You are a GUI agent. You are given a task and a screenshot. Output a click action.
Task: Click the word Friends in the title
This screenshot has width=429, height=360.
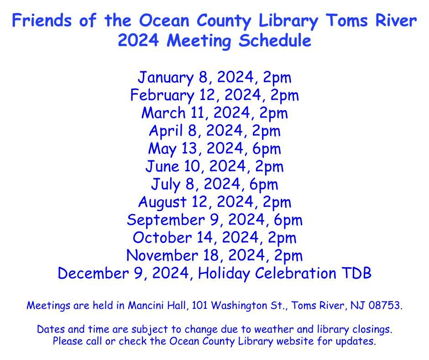pyautogui.click(x=42, y=20)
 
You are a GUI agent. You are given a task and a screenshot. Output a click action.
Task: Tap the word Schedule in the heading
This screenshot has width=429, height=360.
pyautogui.click(x=275, y=41)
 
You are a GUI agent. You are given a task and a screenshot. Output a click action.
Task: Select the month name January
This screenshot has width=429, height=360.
pyautogui.click(x=165, y=78)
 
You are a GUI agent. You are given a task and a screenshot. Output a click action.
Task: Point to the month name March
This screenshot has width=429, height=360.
pyautogui.click(x=163, y=112)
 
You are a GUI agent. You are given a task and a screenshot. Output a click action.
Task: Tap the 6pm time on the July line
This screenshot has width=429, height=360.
pyautogui.click(x=263, y=185)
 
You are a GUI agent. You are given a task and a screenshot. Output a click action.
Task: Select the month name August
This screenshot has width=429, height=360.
pyautogui.click(x=162, y=202)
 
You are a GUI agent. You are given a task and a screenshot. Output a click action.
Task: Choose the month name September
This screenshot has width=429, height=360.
pyautogui.click(x=166, y=220)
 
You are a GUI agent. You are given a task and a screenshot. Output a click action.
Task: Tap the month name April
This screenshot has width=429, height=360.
pyautogui.click(x=166, y=131)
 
